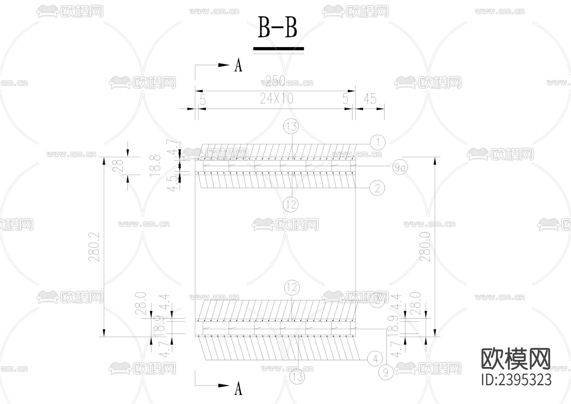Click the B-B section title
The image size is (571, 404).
coord(278,27)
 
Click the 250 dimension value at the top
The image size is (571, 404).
coord(275,81)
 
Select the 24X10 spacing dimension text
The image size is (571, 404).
coord(277,99)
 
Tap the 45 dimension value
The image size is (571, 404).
coord(370,99)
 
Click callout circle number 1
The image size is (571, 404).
coord(377,142)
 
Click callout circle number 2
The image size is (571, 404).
coord(377,188)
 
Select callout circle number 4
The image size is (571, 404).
coord(375,359)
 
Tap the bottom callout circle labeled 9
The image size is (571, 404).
coord(385,372)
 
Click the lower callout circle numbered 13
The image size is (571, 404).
coord(297,377)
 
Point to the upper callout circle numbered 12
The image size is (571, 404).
coord(291,204)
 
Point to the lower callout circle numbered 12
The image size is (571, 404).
coord(292,288)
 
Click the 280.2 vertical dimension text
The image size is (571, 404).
coord(95,247)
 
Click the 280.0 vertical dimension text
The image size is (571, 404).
coord(425,247)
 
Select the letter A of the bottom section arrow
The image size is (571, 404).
coord(238,388)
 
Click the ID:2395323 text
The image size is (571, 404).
coord(516,380)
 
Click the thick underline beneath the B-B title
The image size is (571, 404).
coord(278,49)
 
